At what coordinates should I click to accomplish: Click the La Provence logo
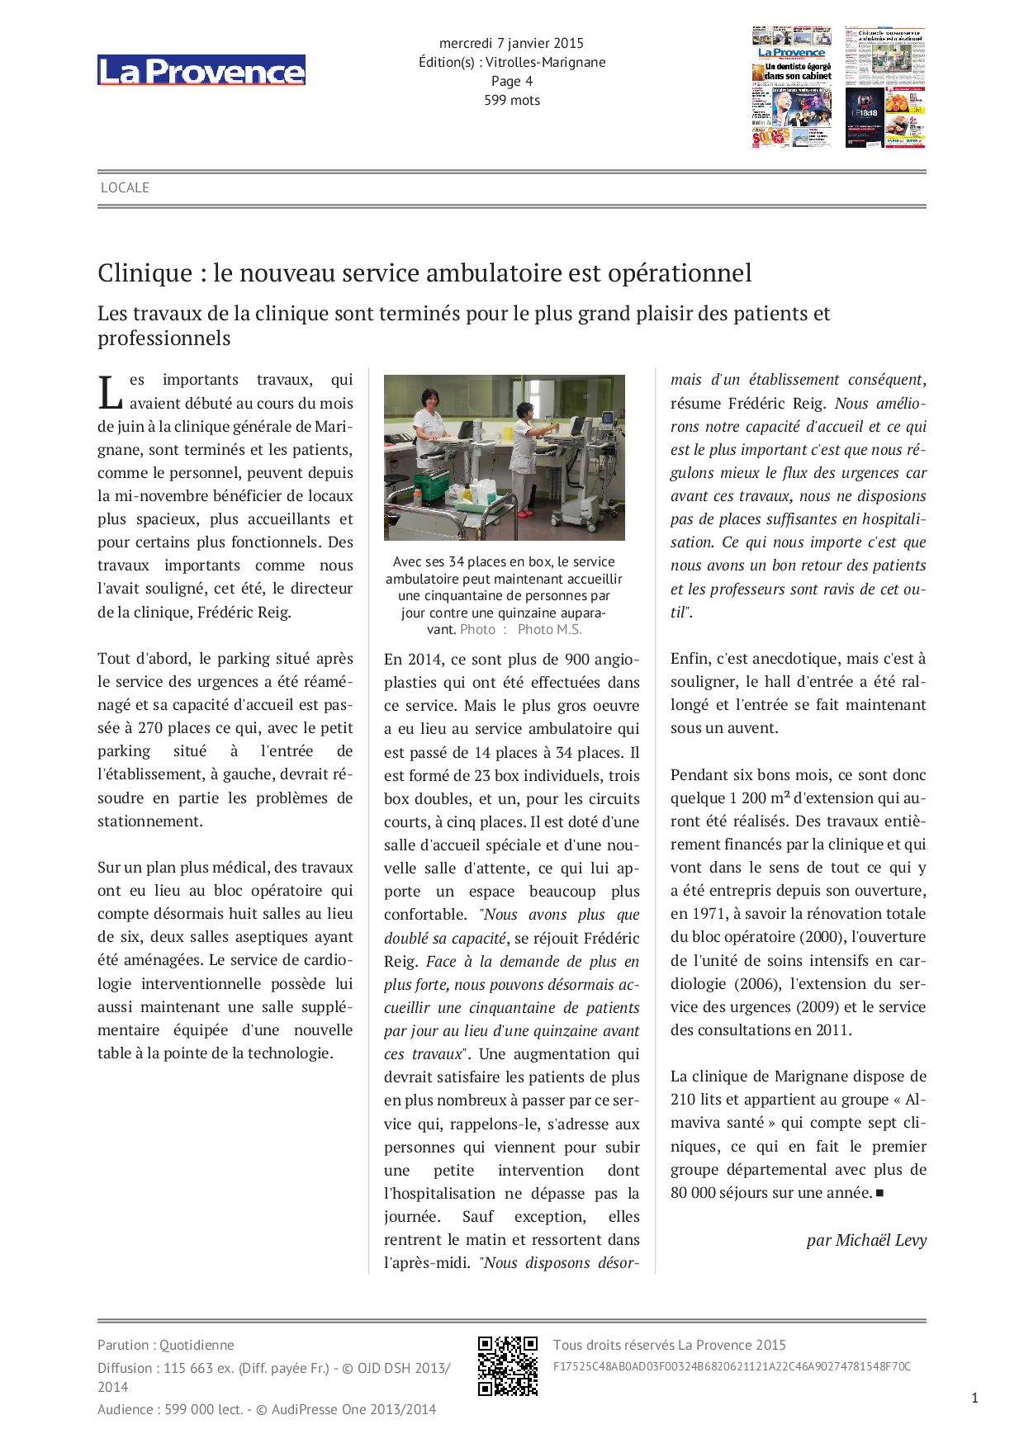pyautogui.click(x=201, y=71)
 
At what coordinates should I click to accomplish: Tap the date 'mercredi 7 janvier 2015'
pyautogui.click(x=511, y=43)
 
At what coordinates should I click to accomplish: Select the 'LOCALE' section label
pyautogui.click(x=125, y=187)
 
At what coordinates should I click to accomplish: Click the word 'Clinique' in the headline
pyautogui.click(x=145, y=272)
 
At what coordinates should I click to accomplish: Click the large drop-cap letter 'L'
pyautogui.click(x=111, y=392)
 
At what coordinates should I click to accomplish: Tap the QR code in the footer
pyautogui.click(x=508, y=1366)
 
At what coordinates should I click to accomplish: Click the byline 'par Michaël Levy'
pyautogui.click(x=866, y=1240)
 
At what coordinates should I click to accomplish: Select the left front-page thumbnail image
pyautogui.click(x=792, y=87)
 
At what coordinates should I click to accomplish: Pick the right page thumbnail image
pyautogui.click(x=884, y=87)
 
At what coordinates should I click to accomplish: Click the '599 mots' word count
pyautogui.click(x=512, y=100)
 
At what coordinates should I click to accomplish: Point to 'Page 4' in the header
pyautogui.click(x=512, y=81)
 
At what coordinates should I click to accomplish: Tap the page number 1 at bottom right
pyautogui.click(x=974, y=1398)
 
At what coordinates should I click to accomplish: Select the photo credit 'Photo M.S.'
pyautogui.click(x=549, y=629)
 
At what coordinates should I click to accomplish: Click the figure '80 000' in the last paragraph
pyautogui.click(x=693, y=1193)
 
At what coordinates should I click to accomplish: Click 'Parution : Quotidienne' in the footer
pyautogui.click(x=166, y=1345)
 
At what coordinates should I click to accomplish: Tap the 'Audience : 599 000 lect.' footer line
pyautogui.click(x=266, y=1409)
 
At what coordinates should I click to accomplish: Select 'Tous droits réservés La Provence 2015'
pyautogui.click(x=669, y=1345)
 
